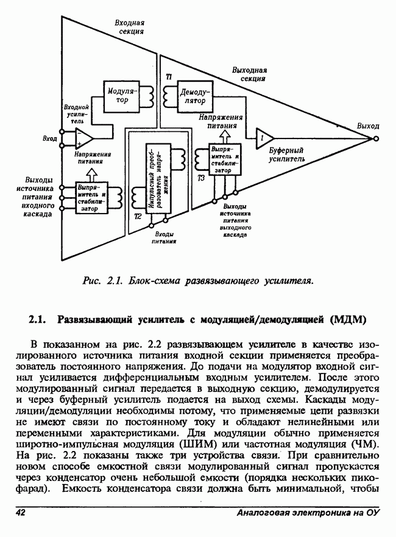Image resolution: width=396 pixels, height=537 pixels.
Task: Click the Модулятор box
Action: coord(121,96)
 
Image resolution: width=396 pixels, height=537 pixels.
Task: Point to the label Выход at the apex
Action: coord(367,126)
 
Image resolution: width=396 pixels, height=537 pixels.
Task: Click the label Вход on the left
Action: coord(51,139)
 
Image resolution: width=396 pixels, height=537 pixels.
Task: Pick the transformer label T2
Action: coord(138,217)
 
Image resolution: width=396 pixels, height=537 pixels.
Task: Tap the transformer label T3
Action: coord(202,178)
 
